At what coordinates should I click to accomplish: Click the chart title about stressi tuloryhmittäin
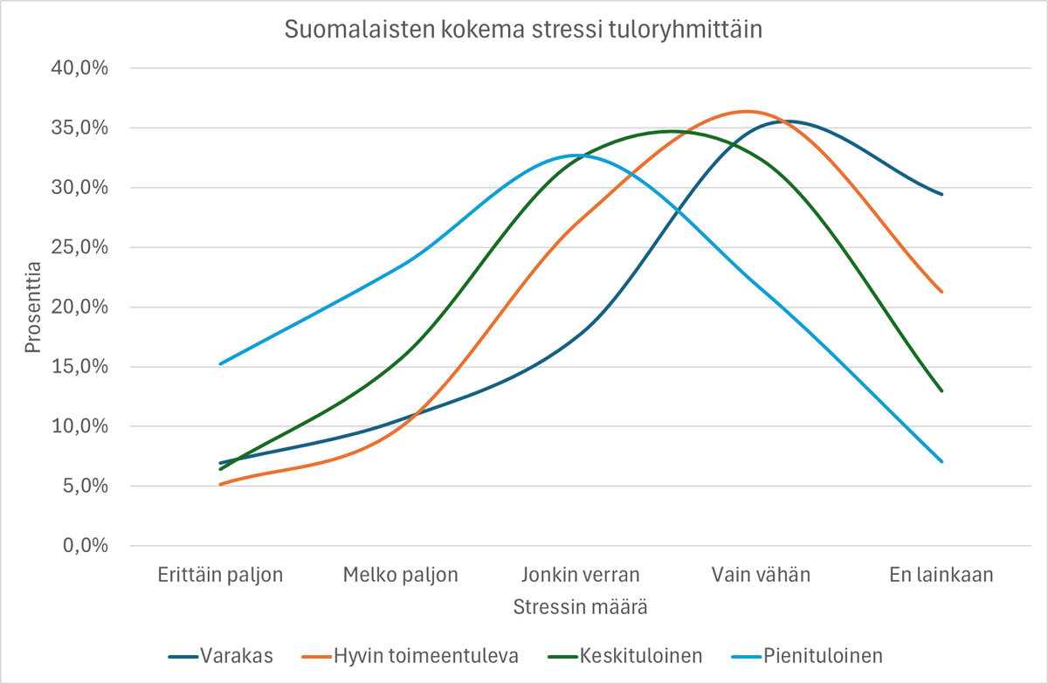524,30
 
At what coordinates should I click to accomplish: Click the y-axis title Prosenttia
33,306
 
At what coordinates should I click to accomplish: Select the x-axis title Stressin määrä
581,605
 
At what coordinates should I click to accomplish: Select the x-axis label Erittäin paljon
221,575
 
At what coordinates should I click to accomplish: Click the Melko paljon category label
401,575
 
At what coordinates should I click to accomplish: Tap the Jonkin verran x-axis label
581,575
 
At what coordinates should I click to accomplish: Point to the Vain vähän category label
762,575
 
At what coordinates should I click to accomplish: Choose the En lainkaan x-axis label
941,575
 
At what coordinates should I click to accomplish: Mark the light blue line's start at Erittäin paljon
221,363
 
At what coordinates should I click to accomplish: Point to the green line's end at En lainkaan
941,390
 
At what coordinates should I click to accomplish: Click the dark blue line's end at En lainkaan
941,194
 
